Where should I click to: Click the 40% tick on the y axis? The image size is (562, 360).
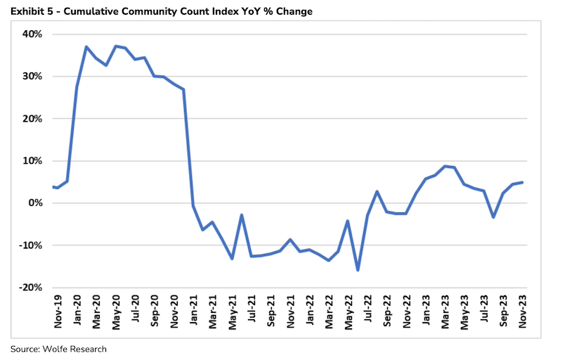pos(32,34)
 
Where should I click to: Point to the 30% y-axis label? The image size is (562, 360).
pos(32,77)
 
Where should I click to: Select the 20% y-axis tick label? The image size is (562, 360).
pos(32,119)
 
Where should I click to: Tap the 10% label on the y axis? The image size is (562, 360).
pos(32,161)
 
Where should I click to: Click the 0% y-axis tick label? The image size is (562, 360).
pos(35,203)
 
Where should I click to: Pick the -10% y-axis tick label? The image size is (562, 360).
pos(31,245)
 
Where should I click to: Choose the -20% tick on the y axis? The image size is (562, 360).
pos(31,288)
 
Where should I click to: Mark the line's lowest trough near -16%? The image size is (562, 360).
pos(358,270)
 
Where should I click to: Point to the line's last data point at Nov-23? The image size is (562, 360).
pos(522,183)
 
